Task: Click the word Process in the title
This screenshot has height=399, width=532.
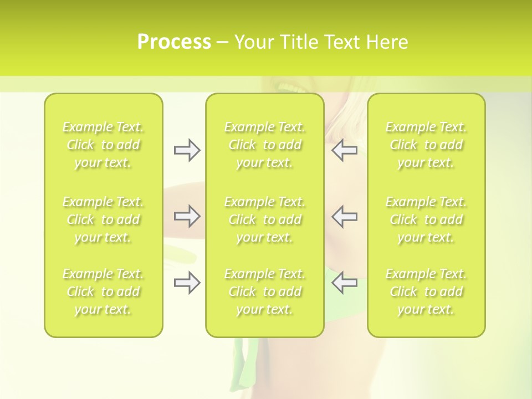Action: pos(174,42)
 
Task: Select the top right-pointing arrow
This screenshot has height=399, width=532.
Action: pos(187,150)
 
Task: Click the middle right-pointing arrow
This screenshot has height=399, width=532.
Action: pos(187,216)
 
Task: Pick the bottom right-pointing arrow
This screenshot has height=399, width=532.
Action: pos(187,283)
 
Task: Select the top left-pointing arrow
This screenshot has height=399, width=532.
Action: pos(345,150)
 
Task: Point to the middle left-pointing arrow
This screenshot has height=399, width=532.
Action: pos(345,216)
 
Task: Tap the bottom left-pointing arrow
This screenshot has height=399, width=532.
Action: pos(345,283)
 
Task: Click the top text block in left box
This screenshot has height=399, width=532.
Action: pos(103,145)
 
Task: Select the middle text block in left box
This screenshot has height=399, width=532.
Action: pos(103,219)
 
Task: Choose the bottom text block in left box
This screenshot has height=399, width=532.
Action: pos(103,291)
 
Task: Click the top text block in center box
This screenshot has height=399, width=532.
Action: pos(265,145)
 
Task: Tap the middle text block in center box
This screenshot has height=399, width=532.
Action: pos(265,219)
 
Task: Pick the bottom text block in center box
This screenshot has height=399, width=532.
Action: pos(265,291)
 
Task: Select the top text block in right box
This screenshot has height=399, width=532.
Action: pos(426,145)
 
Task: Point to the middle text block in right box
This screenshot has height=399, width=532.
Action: pos(426,219)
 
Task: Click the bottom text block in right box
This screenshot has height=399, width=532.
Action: pos(426,291)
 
